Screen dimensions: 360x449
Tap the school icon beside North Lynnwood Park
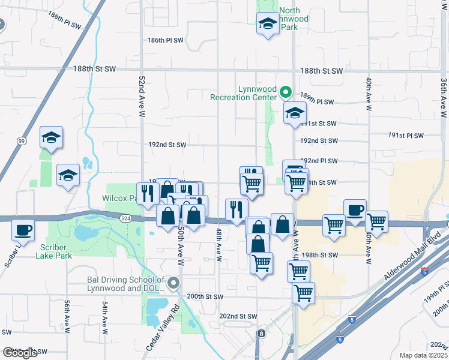[267, 25]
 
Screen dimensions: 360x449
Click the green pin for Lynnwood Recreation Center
[286, 92]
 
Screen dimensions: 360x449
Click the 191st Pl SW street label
[406, 136]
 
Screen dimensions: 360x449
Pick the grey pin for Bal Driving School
[174, 283]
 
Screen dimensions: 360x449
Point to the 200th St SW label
[205, 296]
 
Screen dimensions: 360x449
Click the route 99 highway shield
[22, 141]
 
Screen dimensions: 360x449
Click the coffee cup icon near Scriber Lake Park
[23, 230]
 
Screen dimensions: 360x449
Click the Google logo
[20, 353]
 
